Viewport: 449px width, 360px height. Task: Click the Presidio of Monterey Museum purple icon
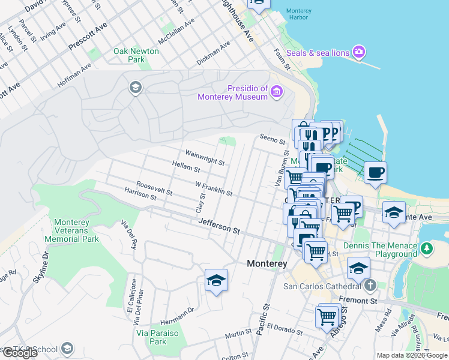coord(276,91)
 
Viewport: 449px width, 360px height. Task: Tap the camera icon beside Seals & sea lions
coord(360,52)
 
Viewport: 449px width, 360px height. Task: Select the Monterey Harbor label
coord(298,14)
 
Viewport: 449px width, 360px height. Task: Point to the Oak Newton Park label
coord(136,55)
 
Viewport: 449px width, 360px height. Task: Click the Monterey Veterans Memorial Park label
coord(76,230)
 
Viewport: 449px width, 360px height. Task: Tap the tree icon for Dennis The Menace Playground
coord(426,248)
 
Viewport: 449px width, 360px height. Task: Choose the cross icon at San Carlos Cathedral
coord(370,286)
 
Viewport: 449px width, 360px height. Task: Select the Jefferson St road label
coord(220,226)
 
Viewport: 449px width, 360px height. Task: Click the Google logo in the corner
coord(20,353)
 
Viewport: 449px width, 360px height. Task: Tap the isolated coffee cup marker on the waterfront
coord(375,173)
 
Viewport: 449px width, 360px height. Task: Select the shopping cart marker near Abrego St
coord(327,316)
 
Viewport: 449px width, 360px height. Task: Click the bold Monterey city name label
coord(267,263)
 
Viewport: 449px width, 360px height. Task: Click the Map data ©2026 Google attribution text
coord(412,355)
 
